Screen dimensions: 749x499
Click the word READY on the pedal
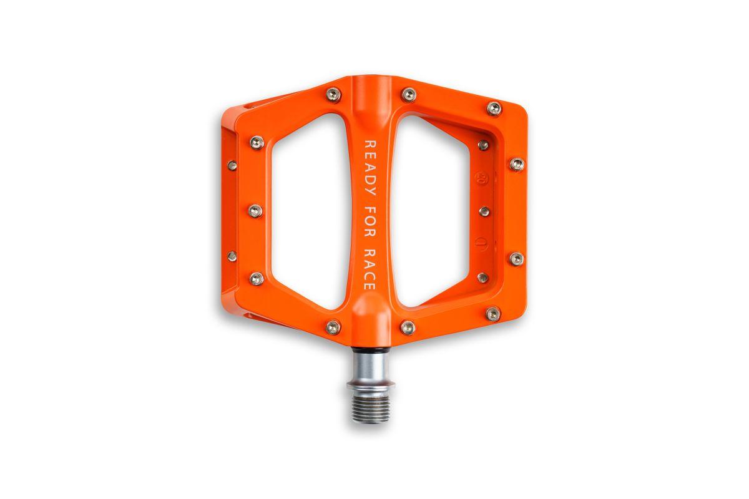(x=370, y=167)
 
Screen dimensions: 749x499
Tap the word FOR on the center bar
(x=370, y=222)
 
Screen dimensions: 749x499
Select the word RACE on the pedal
(x=370, y=269)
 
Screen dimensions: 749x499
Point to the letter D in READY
(x=370, y=179)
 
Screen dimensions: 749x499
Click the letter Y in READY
(x=370, y=190)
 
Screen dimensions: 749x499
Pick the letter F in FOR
(x=370, y=211)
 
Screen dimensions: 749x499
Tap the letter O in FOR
(x=370, y=221)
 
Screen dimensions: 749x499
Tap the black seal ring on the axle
(x=370, y=349)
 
